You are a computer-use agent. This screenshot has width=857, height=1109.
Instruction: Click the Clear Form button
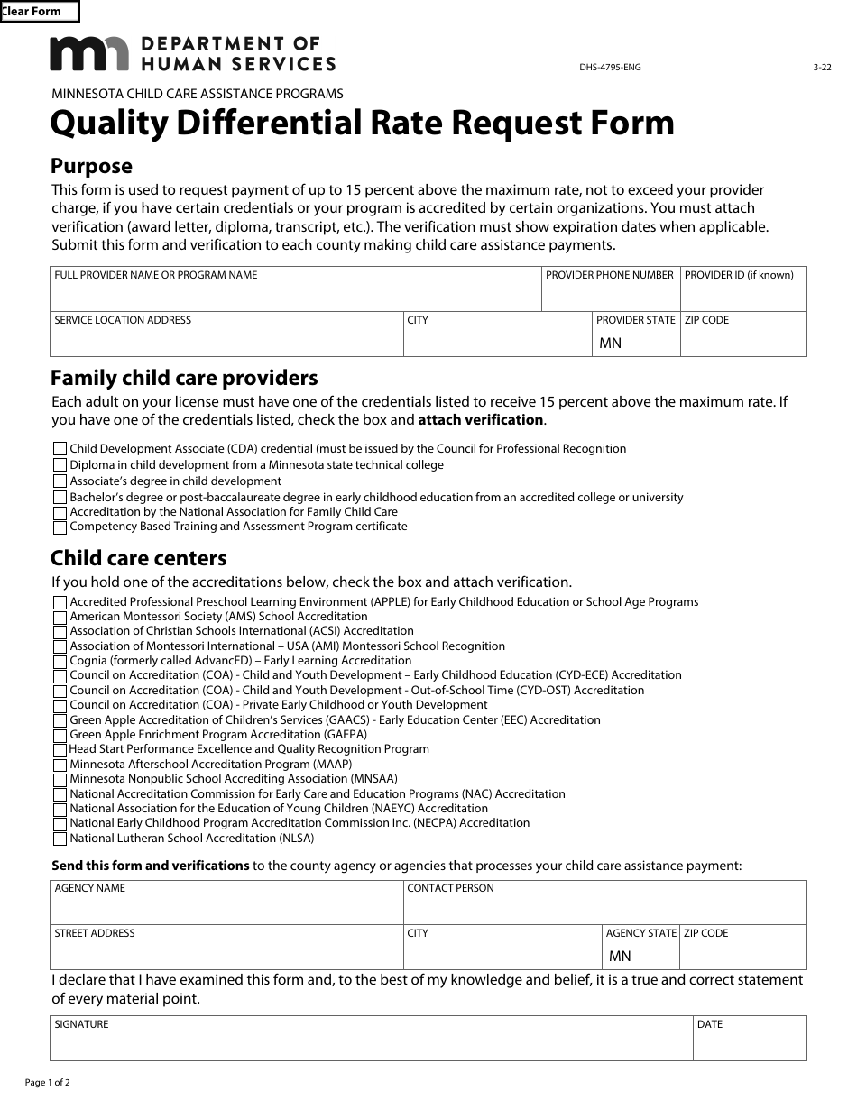[x=40, y=12]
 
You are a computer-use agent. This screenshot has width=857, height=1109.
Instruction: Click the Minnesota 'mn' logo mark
[x=89, y=54]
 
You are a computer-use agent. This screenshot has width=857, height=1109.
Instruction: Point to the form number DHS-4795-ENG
[x=610, y=68]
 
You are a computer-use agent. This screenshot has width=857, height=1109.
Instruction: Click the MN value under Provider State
[x=611, y=344]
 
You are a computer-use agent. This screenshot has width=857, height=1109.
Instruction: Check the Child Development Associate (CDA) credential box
[x=60, y=449]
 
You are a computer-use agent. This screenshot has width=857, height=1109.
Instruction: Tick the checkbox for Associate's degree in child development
[x=60, y=481]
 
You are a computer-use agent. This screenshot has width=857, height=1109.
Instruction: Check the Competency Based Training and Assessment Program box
[x=60, y=527]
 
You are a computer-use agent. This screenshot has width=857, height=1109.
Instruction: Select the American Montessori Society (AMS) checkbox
[x=60, y=618]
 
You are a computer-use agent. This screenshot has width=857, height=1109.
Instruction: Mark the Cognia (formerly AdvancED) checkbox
[x=60, y=662]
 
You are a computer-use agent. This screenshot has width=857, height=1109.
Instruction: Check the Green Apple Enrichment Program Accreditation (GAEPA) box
[x=60, y=736]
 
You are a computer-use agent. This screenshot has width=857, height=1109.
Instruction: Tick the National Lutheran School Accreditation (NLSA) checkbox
[x=60, y=839]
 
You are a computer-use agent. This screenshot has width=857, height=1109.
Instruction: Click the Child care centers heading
[x=138, y=558]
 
